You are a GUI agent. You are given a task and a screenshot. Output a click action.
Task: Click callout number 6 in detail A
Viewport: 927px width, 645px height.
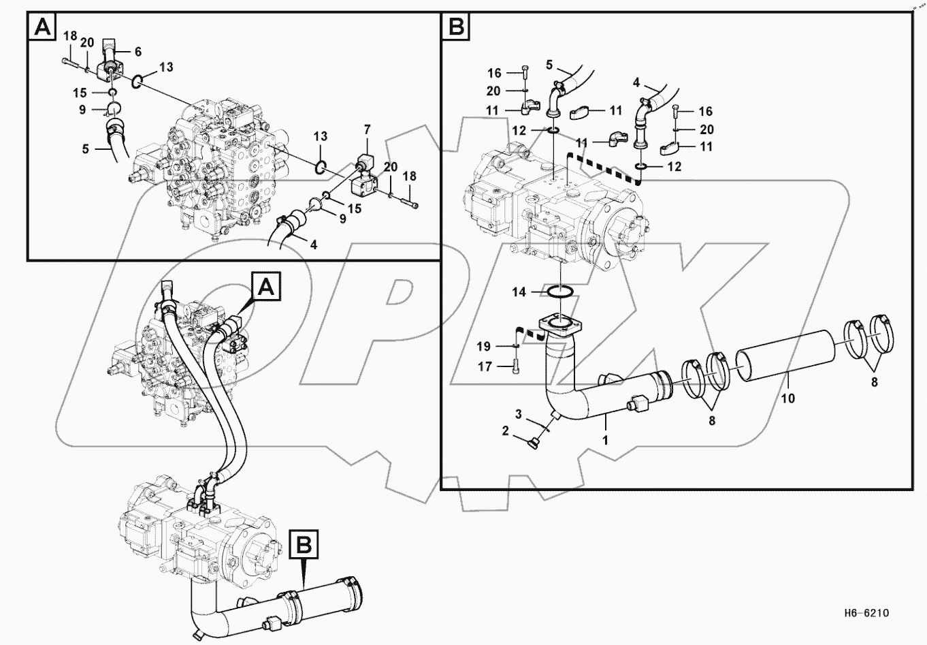click(x=138, y=52)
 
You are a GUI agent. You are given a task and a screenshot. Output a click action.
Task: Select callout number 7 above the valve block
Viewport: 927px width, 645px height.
click(x=367, y=129)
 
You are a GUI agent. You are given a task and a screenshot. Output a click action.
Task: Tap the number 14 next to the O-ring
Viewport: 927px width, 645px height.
click(x=519, y=292)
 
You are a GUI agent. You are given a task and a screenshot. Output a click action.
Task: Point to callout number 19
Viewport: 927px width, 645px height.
click(x=484, y=347)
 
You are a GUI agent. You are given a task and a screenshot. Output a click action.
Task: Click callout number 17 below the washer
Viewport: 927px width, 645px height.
click(x=484, y=366)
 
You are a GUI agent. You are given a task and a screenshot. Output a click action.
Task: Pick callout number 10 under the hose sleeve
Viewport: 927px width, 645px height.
click(x=787, y=398)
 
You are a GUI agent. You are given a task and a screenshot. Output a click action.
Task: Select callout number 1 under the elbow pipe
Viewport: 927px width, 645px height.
click(x=605, y=441)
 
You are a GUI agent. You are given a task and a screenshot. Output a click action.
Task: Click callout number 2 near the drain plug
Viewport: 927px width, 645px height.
click(x=506, y=430)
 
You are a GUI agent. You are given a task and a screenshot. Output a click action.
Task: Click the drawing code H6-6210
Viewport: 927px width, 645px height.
click(x=864, y=613)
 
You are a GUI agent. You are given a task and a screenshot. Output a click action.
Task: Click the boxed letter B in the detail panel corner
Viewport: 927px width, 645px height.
click(x=456, y=27)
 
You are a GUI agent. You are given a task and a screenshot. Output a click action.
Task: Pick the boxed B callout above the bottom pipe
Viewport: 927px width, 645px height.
click(x=304, y=544)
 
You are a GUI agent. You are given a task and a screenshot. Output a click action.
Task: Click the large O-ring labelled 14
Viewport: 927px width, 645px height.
click(x=560, y=293)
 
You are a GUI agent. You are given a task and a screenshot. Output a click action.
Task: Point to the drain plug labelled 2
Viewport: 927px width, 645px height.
click(x=532, y=445)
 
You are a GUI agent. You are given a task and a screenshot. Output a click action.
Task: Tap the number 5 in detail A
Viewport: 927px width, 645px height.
click(x=86, y=148)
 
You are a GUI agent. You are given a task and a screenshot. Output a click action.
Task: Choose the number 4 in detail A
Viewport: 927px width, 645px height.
click(x=314, y=244)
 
